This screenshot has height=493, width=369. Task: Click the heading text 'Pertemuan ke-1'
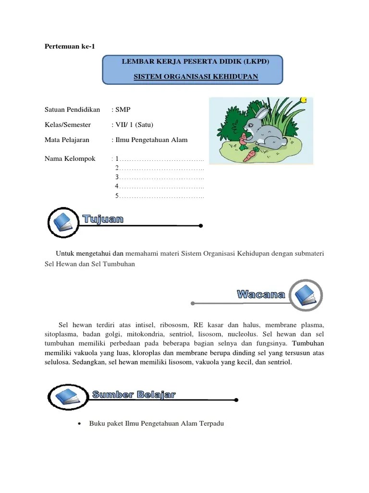[67, 46]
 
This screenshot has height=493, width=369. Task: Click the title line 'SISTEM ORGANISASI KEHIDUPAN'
[196, 77]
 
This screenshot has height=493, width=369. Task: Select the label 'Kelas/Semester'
[67, 125]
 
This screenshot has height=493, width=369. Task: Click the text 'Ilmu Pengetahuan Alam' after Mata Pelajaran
[151, 140]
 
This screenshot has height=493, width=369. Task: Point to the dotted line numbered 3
[161, 178]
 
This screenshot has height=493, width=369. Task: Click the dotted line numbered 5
[161, 196]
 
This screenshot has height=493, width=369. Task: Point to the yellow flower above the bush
[303, 101]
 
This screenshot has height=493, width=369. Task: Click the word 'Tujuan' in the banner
[103, 220]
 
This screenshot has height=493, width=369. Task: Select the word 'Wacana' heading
[261, 295]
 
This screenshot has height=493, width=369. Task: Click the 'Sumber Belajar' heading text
[134, 395]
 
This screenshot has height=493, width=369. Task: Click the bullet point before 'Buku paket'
[80, 424]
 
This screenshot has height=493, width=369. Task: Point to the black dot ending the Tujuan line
[200, 225]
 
